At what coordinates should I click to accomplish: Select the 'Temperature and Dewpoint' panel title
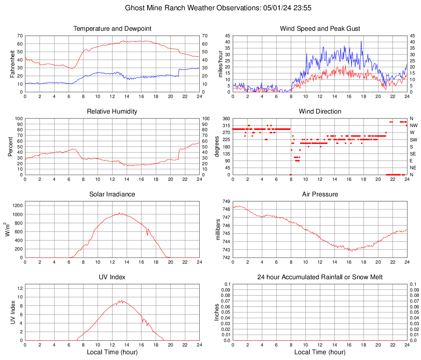[x=112, y=29]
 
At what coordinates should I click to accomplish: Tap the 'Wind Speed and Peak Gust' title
[x=320, y=29]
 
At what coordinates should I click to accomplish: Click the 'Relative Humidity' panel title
[x=112, y=112]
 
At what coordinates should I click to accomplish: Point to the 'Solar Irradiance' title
[x=112, y=194]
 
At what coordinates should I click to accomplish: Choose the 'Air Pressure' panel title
[x=320, y=194]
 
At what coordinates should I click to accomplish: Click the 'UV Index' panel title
[x=112, y=277]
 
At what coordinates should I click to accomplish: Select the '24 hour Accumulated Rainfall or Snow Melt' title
[x=320, y=277]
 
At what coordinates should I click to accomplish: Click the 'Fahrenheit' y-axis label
[x=12, y=64]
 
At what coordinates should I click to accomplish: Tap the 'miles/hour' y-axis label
[x=220, y=64]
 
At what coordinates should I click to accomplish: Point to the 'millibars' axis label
[x=218, y=230]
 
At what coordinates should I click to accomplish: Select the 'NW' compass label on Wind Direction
[x=414, y=125]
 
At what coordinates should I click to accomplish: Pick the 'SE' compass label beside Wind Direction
[x=413, y=154]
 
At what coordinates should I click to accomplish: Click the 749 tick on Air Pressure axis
[x=226, y=202]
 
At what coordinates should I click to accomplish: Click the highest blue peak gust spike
[x=361, y=41]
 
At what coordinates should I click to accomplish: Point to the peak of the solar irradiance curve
[x=119, y=212]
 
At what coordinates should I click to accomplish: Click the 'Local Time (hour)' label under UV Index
[x=112, y=352]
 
